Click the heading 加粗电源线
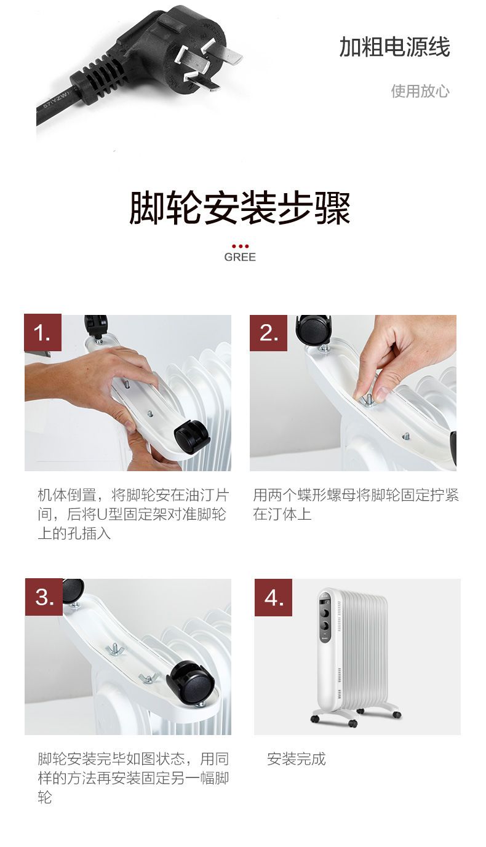pyautogui.click(x=394, y=47)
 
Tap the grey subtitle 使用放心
pyautogui.click(x=420, y=91)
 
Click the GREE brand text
pyautogui.click(x=240, y=257)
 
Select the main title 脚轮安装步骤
pyautogui.click(x=240, y=207)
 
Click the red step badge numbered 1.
pyautogui.click(x=42, y=332)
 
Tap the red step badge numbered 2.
pyautogui.click(x=268, y=333)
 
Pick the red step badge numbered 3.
pyautogui.click(x=44, y=597)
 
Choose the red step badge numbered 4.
pyautogui.click(x=273, y=597)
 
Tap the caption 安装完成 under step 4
pyautogui.click(x=296, y=759)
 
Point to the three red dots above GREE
pyautogui.click(x=240, y=246)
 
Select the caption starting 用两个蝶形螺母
pyautogui.click(x=356, y=504)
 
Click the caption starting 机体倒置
pyautogui.click(x=133, y=514)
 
